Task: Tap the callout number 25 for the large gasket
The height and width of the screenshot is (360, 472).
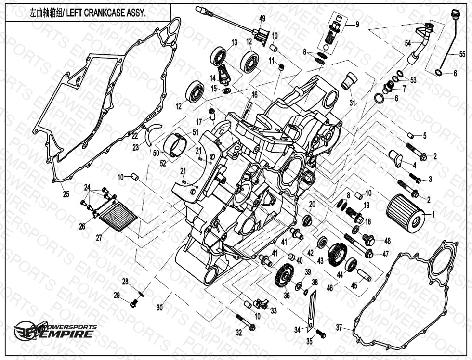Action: click(66, 194)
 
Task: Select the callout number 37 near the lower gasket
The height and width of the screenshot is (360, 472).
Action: click(339, 327)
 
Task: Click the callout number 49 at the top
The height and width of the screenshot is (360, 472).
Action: click(262, 18)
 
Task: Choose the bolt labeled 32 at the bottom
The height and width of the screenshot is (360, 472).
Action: click(246, 323)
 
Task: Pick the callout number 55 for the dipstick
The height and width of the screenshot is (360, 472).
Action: click(462, 54)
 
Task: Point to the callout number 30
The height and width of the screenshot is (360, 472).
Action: click(160, 307)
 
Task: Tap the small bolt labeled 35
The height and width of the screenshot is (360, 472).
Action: click(321, 334)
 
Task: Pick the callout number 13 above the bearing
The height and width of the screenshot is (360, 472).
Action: click(234, 42)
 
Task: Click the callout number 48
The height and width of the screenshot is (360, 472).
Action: click(387, 241)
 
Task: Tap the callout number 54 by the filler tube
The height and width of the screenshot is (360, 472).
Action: click(407, 44)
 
